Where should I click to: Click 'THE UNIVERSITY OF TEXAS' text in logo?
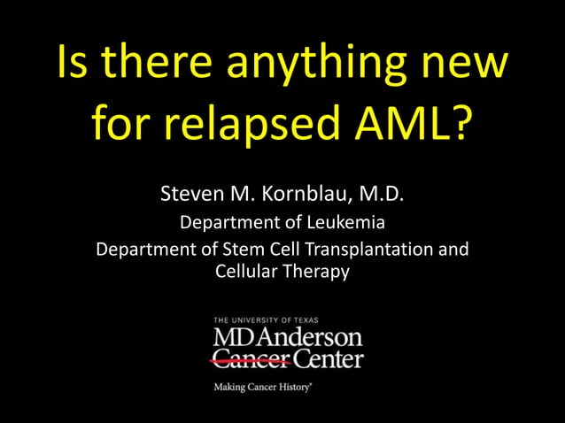266,320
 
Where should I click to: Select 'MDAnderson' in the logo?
288,338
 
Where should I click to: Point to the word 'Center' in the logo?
329,359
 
